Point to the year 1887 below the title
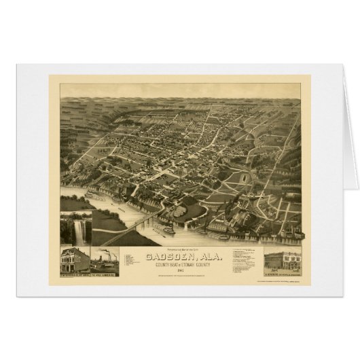[x=180, y=276]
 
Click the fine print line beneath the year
[x=180, y=281]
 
